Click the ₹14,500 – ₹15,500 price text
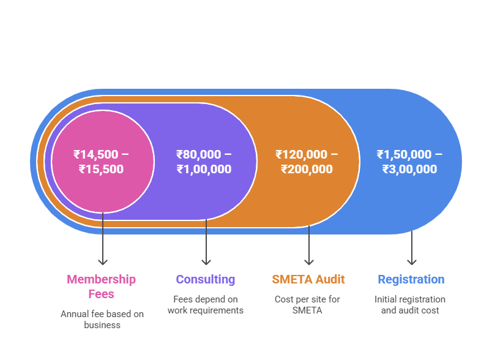tap(101, 162)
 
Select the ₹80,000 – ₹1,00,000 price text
tap(204, 162)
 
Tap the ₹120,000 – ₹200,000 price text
tap(307, 162)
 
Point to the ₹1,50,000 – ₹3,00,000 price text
tap(409, 162)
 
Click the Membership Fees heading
tap(101, 287)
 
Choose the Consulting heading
tap(205, 279)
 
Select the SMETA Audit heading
tap(308, 279)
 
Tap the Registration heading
tap(411, 279)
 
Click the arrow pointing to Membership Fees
tap(103, 239)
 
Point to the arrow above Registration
tap(412, 248)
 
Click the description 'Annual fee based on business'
tap(102, 320)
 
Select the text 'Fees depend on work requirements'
tap(206, 305)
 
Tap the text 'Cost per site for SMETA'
tap(307, 305)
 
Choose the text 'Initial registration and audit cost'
tap(410, 305)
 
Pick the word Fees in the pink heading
tap(101, 294)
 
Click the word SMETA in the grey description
tap(307, 310)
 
